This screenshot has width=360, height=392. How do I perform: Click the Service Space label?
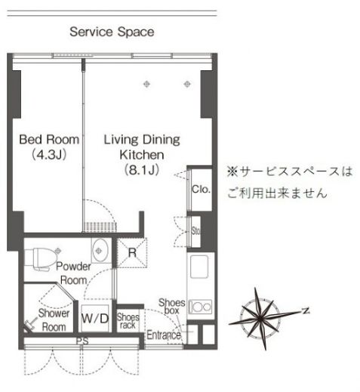(x=112, y=32)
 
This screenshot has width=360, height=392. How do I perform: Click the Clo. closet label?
(x=200, y=189)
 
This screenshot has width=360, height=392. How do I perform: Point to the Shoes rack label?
(x=127, y=320)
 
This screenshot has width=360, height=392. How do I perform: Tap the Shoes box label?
(x=171, y=306)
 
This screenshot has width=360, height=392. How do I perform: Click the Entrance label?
(x=163, y=335)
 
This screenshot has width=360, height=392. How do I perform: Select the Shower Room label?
(x=54, y=320)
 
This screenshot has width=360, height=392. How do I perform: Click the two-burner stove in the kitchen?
(x=199, y=307)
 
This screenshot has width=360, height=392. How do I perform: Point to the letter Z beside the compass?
(x=306, y=310)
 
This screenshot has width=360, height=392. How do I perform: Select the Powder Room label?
(x=75, y=273)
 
